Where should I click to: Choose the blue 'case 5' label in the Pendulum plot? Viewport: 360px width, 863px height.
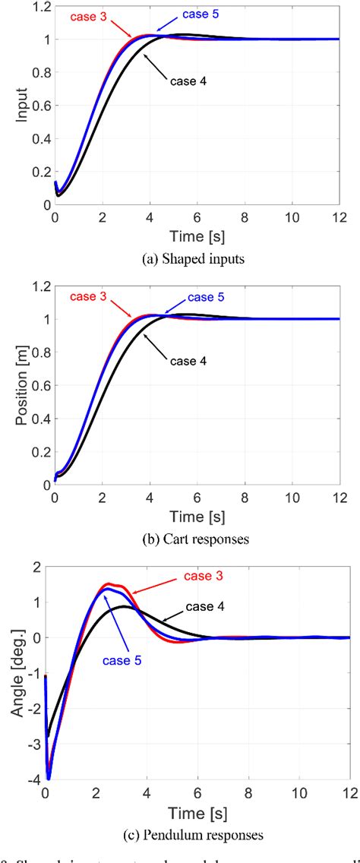[x=123, y=661]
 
